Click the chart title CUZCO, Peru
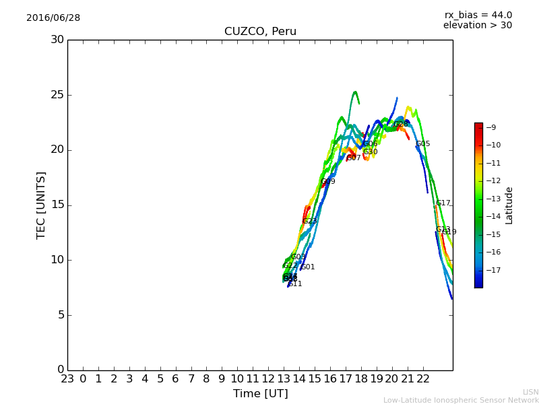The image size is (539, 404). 260,32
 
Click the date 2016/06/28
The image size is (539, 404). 53,18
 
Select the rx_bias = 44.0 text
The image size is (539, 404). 478,15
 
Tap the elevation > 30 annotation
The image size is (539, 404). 477,26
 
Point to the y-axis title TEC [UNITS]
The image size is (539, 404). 41,205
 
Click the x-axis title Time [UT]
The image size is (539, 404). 260,394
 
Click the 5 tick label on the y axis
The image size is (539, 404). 60,315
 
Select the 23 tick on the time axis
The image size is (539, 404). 67,378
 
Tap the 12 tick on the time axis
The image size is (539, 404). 268,378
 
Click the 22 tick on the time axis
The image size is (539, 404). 422,378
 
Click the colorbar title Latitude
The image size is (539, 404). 509,205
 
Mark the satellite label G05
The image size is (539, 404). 422,144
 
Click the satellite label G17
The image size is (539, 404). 443,203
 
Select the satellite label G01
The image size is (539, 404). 308,267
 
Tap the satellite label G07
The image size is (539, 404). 354,158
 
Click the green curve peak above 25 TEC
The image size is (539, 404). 354,92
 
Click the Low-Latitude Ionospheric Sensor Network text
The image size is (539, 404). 461,401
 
